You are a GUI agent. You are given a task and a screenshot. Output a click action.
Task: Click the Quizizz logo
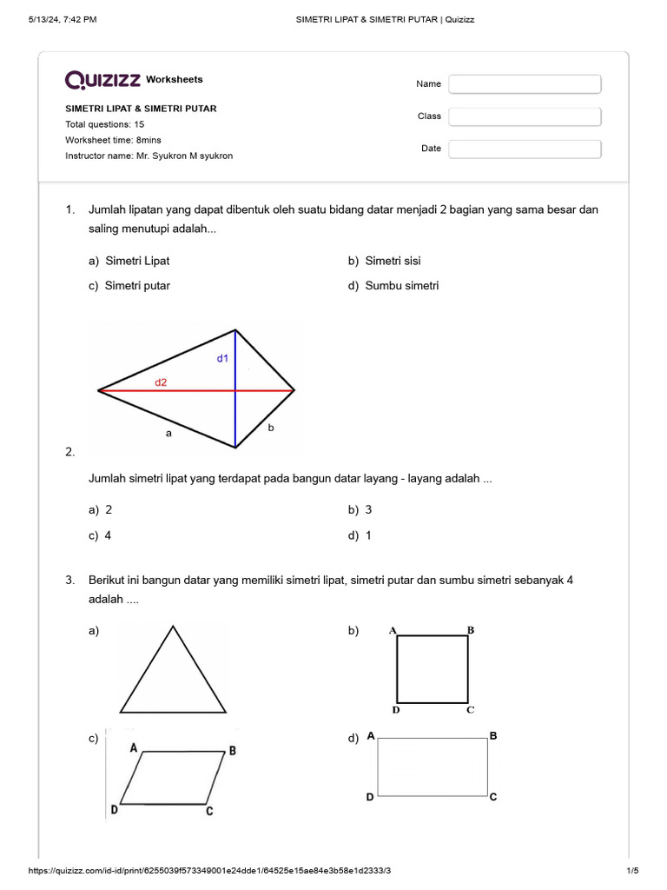click(102, 80)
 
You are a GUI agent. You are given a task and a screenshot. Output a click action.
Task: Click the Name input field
click(525, 84)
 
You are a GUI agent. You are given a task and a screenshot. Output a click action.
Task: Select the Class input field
click(525, 116)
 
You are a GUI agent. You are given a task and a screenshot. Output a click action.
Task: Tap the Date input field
click(525, 149)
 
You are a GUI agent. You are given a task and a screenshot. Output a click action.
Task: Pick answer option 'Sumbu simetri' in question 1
click(401, 286)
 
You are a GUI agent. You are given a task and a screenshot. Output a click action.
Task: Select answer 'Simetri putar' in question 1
click(137, 286)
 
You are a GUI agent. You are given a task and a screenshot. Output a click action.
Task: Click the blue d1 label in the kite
click(222, 358)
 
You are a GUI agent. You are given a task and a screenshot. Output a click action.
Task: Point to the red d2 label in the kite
click(161, 382)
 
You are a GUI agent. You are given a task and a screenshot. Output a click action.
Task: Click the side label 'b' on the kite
click(271, 427)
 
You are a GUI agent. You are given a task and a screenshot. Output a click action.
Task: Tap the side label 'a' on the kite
click(170, 432)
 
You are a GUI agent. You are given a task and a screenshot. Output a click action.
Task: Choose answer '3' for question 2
click(368, 510)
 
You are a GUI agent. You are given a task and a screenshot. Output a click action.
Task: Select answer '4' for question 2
click(109, 535)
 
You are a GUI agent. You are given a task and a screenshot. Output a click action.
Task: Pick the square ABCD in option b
click(433, 668)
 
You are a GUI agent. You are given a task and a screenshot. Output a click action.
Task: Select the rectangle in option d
click(432, 767)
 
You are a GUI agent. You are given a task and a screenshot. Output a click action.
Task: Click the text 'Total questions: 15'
click(104, 124)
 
